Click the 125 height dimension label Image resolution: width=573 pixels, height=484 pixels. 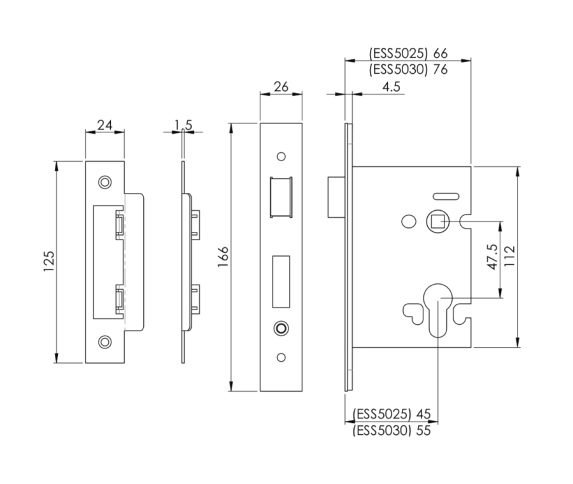tap(50, 262)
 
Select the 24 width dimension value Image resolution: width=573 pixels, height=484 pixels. tap(105, 125)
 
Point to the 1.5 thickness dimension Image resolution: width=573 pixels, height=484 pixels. tap(183, 125)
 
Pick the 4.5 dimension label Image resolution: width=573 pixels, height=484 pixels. tap(392, 87)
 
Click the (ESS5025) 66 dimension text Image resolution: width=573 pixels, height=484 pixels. tap(407, 53)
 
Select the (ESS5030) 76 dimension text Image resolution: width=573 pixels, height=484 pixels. tap(407, 69)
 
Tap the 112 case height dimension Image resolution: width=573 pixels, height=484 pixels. tap(509, 257)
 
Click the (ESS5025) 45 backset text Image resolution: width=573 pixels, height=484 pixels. tap(392, 415)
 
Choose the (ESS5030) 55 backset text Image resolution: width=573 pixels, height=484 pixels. tap(392, 431)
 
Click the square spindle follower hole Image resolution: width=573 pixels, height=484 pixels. tap(437, 222)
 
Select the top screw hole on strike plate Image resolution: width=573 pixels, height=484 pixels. tap(104, 182)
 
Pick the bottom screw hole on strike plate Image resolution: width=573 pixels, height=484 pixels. tap(104, 341)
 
